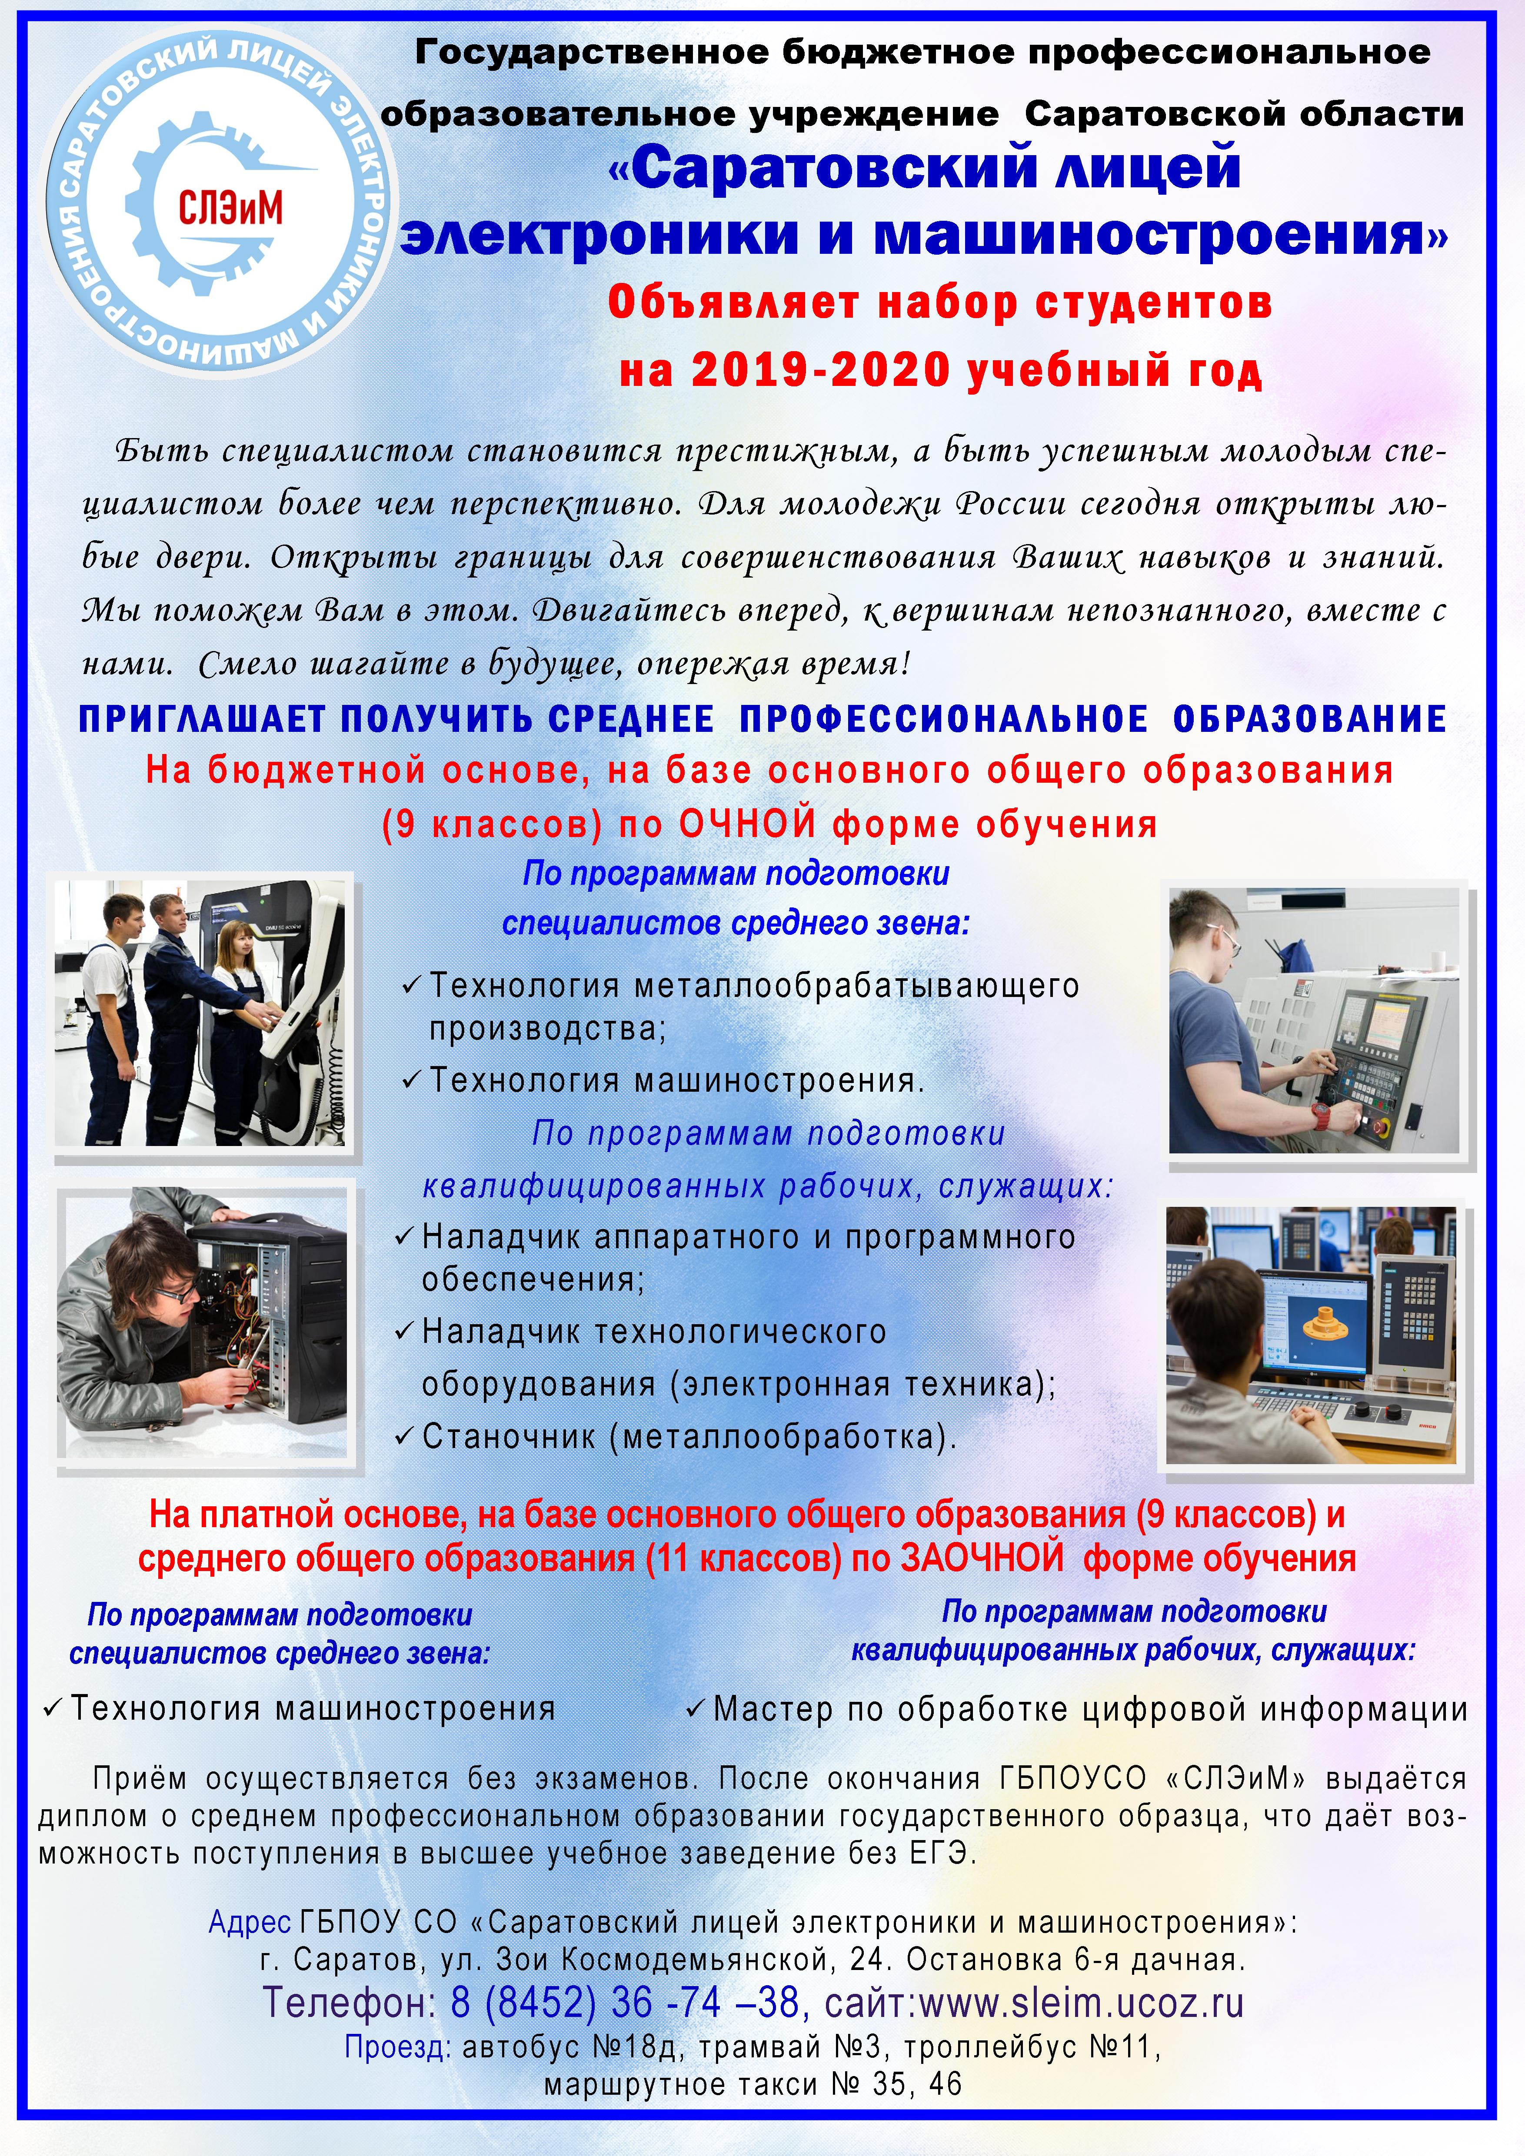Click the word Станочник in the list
pos(509,1437)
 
